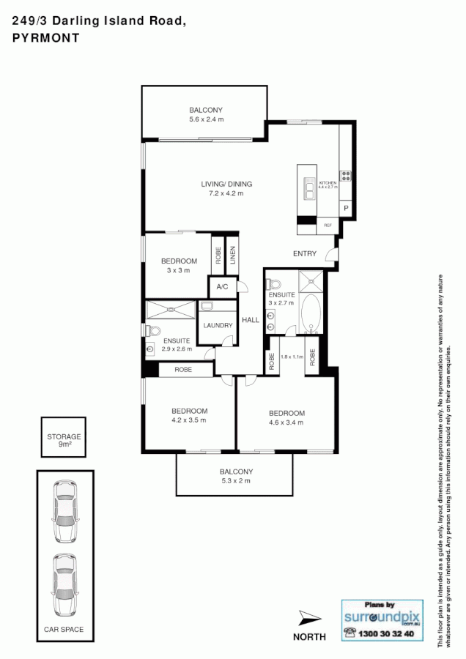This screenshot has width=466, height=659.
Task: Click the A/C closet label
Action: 221,287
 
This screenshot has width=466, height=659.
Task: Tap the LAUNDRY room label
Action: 218,324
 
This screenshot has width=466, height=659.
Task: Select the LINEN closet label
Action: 232,256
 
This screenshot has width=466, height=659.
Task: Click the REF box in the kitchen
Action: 328,226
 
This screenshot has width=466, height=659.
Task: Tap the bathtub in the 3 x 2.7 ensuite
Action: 311,313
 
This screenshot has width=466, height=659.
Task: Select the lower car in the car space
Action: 64,584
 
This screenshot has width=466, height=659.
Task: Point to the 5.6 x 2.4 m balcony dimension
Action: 206,119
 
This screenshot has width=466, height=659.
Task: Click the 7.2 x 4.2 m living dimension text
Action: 226,193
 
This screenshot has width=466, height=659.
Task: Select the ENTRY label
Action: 304,254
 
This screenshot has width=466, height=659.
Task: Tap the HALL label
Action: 251,320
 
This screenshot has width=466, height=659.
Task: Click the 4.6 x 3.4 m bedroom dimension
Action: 286,422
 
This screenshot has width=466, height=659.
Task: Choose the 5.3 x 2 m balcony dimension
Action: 236,481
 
